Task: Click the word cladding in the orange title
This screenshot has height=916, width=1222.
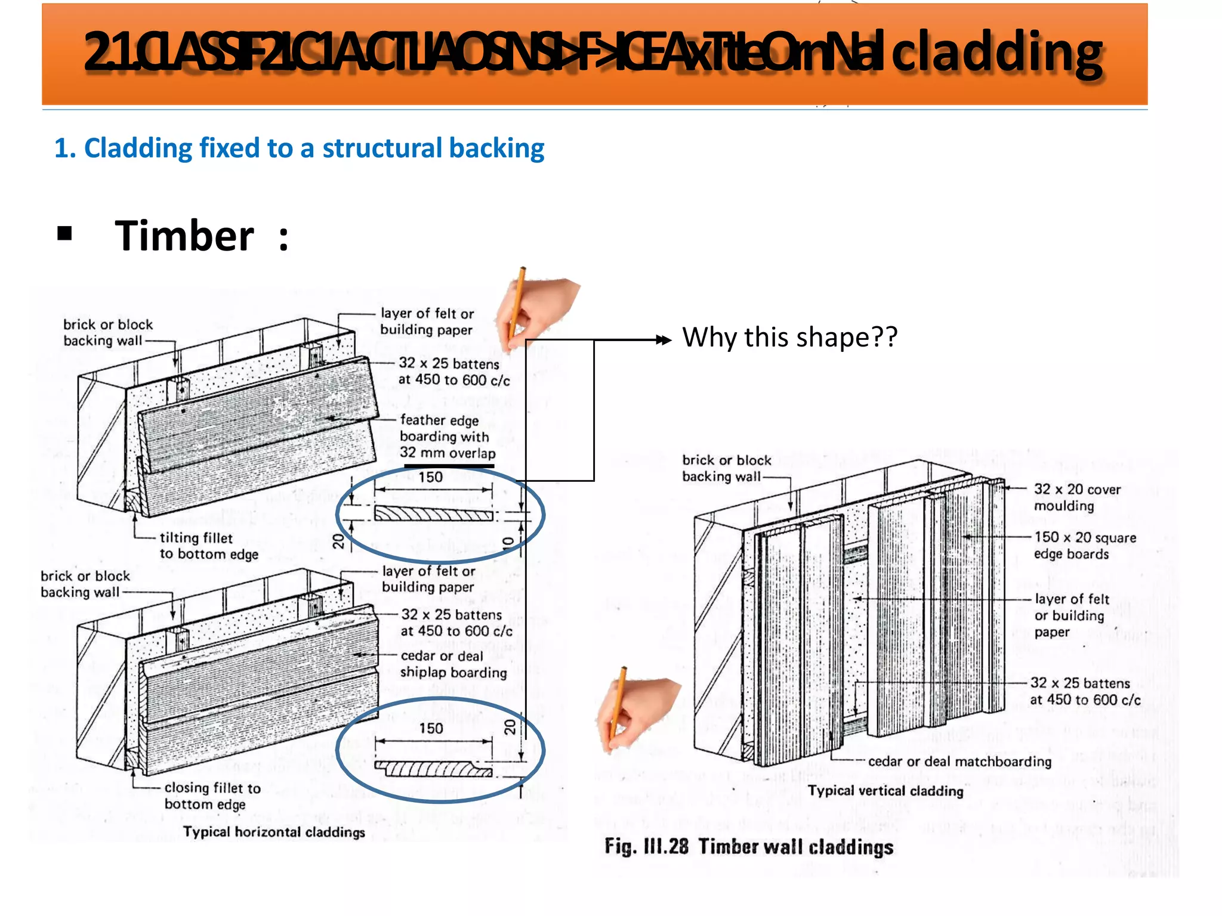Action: click(x=996, y=54)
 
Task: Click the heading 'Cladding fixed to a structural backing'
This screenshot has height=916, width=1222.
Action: click(x=299, y=148)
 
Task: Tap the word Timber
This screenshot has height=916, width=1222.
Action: click(x=184, y=236)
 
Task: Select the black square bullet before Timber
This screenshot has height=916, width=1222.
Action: click(x=64, y=233)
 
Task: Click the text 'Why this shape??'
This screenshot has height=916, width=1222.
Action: click(x=789, y=338)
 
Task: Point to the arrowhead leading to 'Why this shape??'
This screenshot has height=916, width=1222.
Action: click(x=664, y=340)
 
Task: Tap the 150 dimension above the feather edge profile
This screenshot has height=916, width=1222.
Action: click(x=430, y=477)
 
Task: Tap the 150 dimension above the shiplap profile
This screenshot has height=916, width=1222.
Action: click(x=431, y=728)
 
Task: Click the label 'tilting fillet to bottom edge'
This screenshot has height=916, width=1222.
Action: click(x=208, y=546)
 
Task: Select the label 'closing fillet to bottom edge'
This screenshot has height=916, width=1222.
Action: click(x=212, y=796)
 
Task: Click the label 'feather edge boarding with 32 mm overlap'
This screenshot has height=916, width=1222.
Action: click(x=447, y=437)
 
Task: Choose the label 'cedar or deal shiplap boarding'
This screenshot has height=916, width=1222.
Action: click(x=453, y=664)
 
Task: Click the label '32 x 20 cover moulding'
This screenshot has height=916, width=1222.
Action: click(x=1076, y=497)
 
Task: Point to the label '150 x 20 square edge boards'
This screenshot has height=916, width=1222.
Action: click(x=1084, y=545)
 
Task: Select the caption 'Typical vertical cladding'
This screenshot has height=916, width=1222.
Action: click(x=885, y=791)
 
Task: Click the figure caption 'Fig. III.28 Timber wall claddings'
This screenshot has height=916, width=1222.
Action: click(x=749, y=847)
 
